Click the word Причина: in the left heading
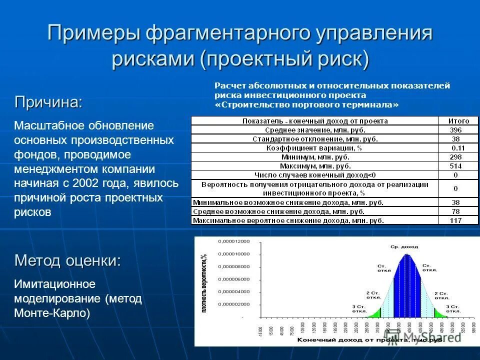pos(48,102)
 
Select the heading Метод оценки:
pos(67,260)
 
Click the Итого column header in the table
pos(458,120)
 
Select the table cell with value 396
pos(455,129)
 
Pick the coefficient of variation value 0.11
pos(457,147)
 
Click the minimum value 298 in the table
pos(455,156)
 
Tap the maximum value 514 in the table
pos(455,165)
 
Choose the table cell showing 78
pos(455,211)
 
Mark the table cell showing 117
pos(455,220)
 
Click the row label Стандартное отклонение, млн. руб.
pos(315,138)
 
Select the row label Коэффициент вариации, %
pos(315,147)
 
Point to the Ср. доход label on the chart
pos(404,246)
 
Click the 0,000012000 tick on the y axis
pos(233,241)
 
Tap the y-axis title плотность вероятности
pos(203,283)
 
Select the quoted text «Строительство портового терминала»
pos(307,104)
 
